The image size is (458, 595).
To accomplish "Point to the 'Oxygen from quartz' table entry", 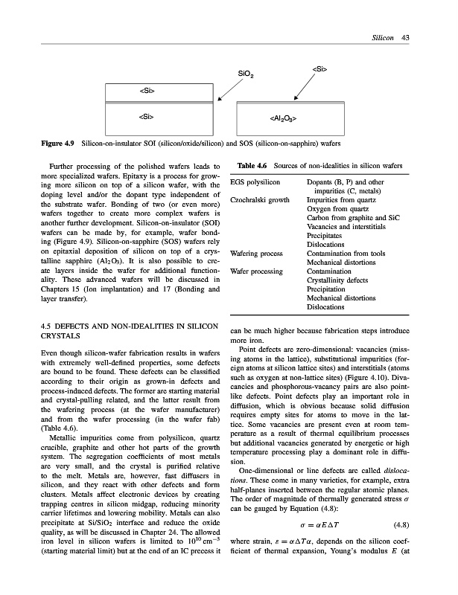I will pyautogui.click(x=334, y=209).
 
